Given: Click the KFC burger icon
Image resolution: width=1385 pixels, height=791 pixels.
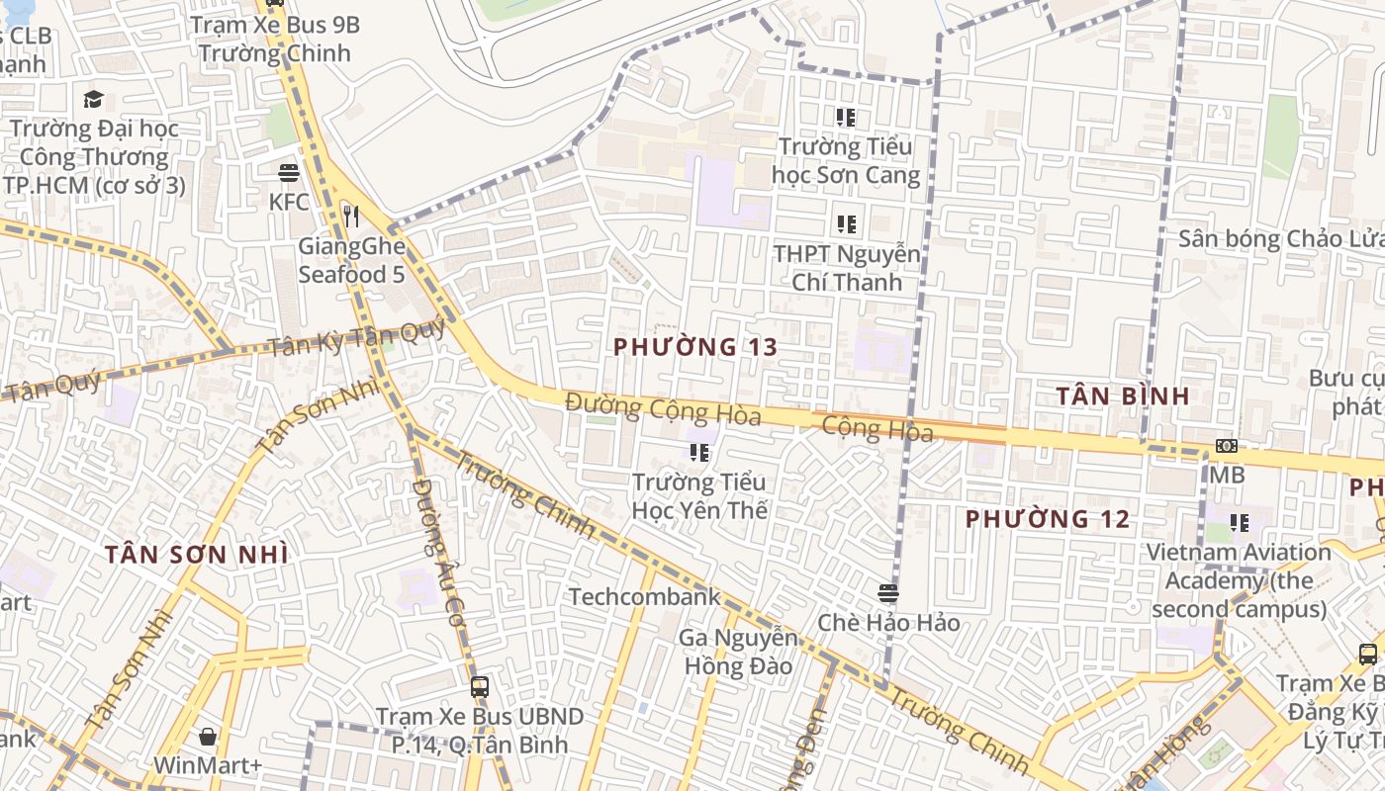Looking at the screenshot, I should (289, 173).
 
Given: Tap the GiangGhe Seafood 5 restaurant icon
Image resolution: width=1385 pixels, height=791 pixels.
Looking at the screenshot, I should (350, 216).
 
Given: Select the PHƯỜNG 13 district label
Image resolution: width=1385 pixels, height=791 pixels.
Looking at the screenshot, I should (695, 347).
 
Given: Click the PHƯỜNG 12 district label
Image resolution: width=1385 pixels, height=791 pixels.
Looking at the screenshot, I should (1048, 518).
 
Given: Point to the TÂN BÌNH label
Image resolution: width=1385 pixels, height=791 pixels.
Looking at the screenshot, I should (1122, 395).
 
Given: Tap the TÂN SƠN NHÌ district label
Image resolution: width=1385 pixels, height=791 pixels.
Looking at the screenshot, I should (197, 555).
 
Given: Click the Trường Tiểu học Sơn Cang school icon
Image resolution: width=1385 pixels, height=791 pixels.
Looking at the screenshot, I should (845, 119).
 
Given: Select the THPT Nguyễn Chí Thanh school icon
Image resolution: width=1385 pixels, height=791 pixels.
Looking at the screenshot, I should (845, 224).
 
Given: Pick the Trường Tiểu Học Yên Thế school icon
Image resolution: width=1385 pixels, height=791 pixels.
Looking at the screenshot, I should (699, 454).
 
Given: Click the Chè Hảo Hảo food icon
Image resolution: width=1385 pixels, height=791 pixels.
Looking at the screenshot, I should (887, 593).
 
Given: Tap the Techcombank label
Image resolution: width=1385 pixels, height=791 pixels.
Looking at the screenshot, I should (644, 596).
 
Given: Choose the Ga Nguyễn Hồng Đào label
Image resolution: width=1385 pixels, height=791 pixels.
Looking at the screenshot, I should (738, 652).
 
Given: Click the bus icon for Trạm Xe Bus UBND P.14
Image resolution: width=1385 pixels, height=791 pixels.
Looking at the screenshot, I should (480, 686).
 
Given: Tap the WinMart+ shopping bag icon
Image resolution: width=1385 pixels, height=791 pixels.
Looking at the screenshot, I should (208, 737).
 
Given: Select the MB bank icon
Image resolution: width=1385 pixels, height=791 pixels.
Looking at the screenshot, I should (1227, 446).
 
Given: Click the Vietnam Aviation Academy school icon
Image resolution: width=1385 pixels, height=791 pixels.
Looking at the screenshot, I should (1239, 522).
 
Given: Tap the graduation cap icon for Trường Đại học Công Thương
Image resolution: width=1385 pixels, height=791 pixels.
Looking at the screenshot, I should (94, 99).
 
